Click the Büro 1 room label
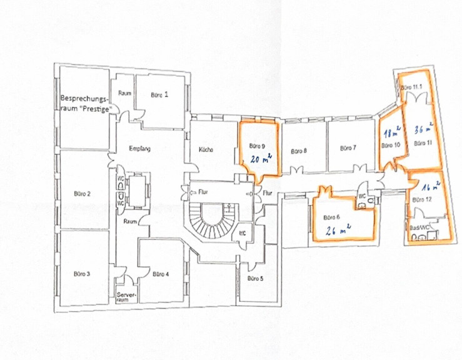coord(159,95)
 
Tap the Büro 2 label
coord(83,194)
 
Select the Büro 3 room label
coord(83,274)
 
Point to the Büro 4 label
coord(159,274)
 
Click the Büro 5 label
coord(254,278)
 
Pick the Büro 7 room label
coord(348,148)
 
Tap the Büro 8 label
coord(299,151)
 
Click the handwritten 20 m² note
coord(256,159)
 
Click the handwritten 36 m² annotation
coord(423,128)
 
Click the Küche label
coord(206,149)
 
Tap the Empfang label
coord(140,148)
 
